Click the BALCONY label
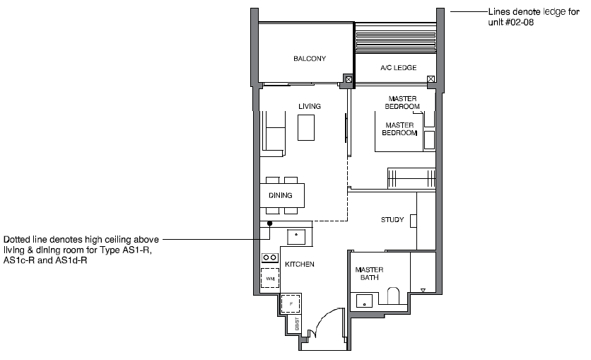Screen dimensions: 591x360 pos(310,59)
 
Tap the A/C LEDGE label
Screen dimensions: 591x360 pos(399,68)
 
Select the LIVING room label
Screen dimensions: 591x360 pos(310,106)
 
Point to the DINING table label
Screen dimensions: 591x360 pos(281,195)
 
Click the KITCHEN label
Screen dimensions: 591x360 pos(300,265)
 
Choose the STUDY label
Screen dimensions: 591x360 pos(392,220)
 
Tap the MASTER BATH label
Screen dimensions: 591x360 pos(369,274)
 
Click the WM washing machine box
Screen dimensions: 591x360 pos(270,278)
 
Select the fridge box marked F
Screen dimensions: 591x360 pos(291,303)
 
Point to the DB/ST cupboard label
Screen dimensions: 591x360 pos(297,324)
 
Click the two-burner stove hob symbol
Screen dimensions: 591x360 pos(270,258)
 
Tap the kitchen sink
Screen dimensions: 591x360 pos(296,237)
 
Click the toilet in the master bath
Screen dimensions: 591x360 pos(393,296)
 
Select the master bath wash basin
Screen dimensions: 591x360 pos(365,301)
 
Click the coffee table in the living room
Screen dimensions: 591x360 pos(306,127)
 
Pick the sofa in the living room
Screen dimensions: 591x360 pos(273,134)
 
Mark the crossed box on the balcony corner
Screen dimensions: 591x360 pos(349,79)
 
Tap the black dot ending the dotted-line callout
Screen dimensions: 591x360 pos(270,223)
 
